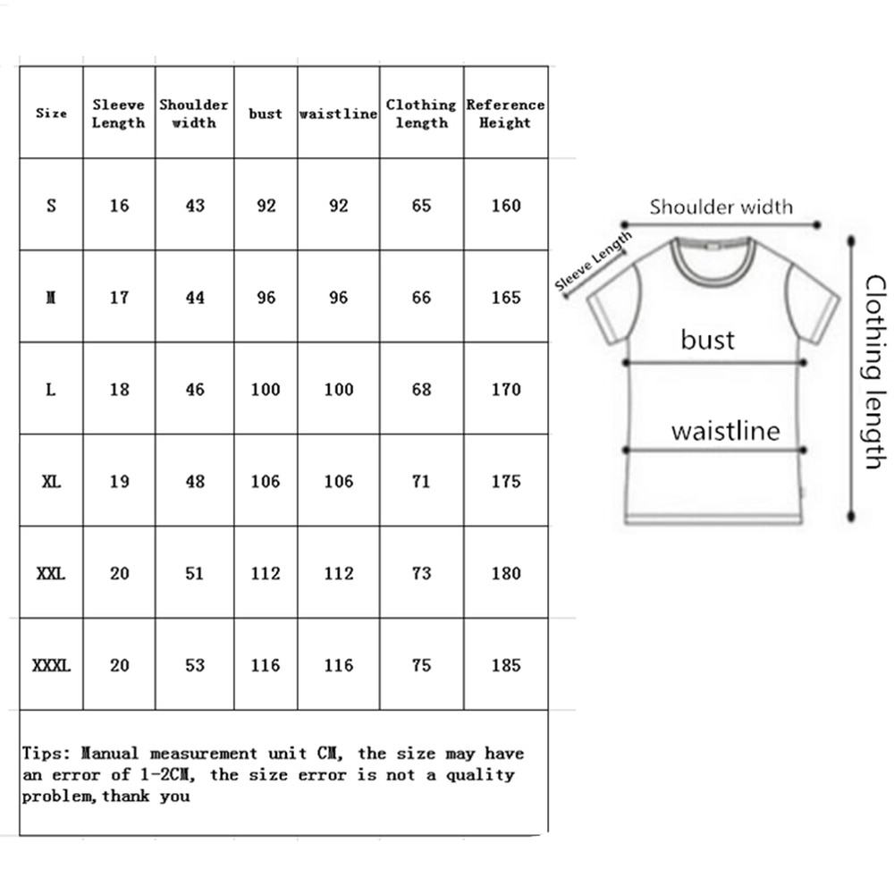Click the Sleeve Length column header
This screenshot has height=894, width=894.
coord(118,114)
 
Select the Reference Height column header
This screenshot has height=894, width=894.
coord(505,114)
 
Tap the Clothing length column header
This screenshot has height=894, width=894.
coord(421,114)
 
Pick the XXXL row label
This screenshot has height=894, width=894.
coord(51,665)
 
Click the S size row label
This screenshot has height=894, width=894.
coord(51,206)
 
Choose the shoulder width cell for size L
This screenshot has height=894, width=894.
coord(194,390)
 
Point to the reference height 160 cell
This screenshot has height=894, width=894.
coord(505,206)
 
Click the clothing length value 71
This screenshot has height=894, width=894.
coord(421,482)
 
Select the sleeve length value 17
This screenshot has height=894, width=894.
coord(119,298)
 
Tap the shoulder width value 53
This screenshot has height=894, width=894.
coord(194,665)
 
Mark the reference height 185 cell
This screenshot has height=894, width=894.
coord(505,665)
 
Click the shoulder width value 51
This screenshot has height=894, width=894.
coord(194,574)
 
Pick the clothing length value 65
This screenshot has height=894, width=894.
coord(421,206)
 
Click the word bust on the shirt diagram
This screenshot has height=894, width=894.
coord(707,340)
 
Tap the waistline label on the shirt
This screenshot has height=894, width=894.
coord(725,432)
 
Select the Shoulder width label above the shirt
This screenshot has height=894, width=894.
coord(721,207)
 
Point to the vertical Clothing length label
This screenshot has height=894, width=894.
coord(873,372)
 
